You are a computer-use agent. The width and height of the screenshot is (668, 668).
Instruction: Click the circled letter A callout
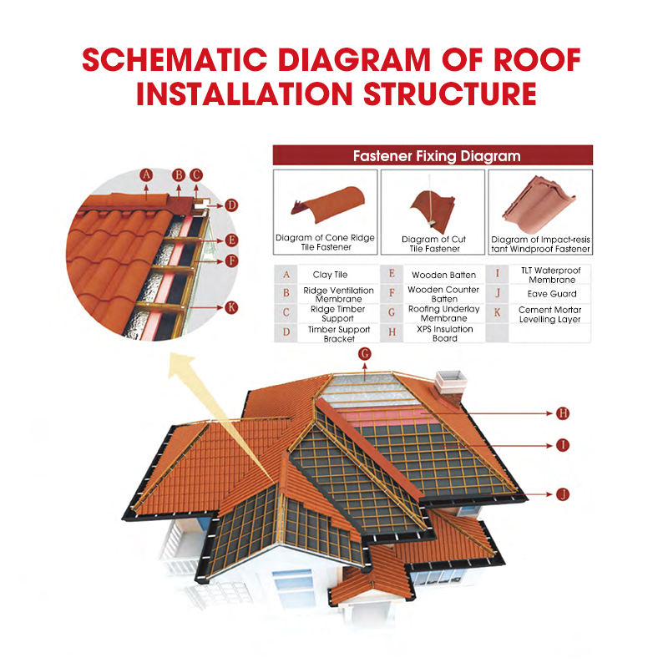click(145, 175)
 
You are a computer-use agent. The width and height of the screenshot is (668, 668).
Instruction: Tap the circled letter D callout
click(231, 205)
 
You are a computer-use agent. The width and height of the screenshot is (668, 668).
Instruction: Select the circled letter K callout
click(231, 307)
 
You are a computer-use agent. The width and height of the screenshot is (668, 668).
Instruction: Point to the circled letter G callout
click(364, 353)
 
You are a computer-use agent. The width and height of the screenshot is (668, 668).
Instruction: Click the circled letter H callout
click(562, 412)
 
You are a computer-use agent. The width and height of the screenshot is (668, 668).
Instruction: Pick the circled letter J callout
click(562, 493)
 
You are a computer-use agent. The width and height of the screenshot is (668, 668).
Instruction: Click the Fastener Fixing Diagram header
click(433, 155)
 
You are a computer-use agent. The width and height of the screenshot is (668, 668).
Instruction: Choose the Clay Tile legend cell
click(330, 275)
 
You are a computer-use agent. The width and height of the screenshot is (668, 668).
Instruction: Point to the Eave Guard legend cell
click(551, 294)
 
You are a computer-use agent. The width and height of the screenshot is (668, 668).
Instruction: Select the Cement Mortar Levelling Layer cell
click(550, 314)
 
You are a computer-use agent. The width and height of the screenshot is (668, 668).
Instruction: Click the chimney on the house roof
click(452, 382)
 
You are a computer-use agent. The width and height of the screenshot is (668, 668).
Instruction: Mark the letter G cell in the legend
click(392, 313)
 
